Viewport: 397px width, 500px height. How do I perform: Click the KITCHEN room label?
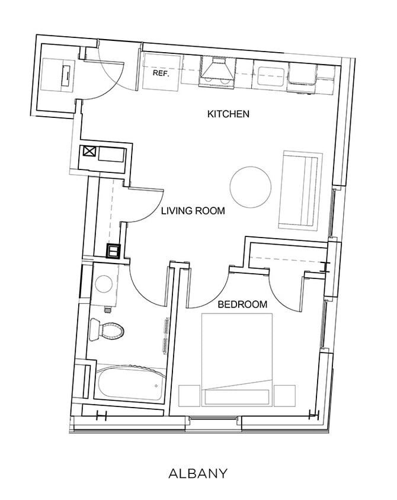(228, 114)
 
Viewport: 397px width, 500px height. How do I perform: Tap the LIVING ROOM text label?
(193, 210)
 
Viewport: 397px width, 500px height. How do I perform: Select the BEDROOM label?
(242, 305)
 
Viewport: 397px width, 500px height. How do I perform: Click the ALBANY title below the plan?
(198, 473)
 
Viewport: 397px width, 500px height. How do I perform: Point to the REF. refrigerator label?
(160, 74)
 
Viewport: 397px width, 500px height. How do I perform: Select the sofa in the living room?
(300, 190)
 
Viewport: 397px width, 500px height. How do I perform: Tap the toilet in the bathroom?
(105, 330)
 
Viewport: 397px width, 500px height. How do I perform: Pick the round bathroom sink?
(105, 285)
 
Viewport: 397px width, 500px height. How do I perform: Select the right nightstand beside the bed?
(284, 395)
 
